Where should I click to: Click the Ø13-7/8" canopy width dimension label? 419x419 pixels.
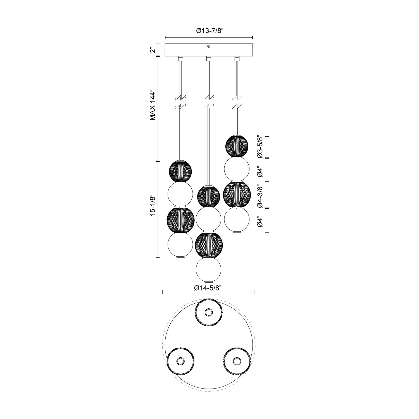[x=209, y=31]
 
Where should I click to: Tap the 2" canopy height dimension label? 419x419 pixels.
[x=152, y=50]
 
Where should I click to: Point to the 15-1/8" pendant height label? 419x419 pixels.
[x=152, y=205]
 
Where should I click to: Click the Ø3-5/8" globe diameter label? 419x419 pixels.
[x=260, y=147]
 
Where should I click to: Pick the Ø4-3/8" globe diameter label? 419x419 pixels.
[x=260, y=196]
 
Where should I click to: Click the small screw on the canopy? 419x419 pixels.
[x=209, y=46]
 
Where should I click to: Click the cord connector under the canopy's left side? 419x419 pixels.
[x=180, y=59]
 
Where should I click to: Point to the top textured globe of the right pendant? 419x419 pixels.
[x=237, y=146]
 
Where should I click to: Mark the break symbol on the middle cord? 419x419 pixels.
[x=208, y=102]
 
